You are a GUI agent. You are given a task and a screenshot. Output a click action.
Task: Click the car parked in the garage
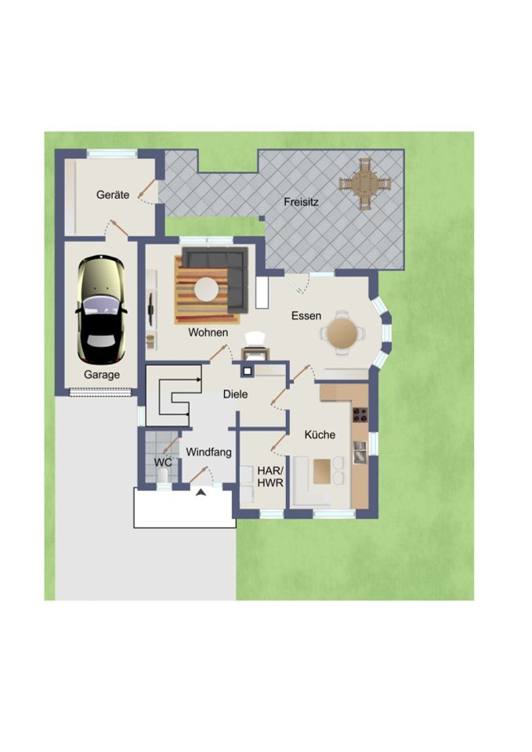(x=101, y=309)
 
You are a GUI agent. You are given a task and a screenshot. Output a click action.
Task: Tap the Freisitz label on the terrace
(x=301, y=202)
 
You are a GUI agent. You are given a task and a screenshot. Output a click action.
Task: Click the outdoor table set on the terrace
(x=365, y=183)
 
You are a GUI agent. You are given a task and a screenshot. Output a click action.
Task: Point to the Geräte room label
(x=113, y=195)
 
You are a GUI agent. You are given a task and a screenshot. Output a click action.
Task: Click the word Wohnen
(x=208, y=332)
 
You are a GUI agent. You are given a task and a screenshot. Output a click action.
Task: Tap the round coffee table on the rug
(x=206, y=290)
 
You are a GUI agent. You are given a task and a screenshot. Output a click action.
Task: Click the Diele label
(x=236, y=394)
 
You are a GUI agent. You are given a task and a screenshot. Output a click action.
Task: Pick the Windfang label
(x=208, y=452)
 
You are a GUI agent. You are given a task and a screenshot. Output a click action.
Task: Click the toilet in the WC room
(x=163, y=475)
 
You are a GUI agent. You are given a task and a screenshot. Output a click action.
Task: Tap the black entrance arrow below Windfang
(x=201, y=492)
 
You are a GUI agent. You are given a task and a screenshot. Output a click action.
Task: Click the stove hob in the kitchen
(x=360, y=415)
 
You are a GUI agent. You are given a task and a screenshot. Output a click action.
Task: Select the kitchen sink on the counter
(x=360, y=452)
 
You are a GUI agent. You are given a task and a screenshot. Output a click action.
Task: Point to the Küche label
(x=320, y=435)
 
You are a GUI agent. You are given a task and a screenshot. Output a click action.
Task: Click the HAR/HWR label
(x=270, y=477)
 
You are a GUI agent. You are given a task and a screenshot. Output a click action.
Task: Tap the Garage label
(x=102, y=374)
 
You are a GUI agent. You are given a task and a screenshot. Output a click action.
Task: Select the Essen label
(x=306, y=316)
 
